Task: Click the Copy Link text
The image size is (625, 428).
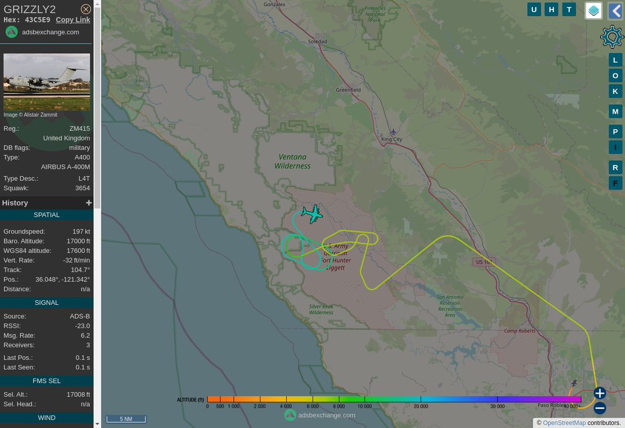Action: (x=73, y=20)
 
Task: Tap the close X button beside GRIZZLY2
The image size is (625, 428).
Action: (x=86, y=9)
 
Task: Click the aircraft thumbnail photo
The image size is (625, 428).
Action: (x=47, y=82)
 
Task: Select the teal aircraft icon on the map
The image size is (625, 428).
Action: (x=311, y=214)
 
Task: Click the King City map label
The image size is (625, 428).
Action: (x=392, y=139)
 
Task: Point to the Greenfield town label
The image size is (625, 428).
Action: (x=348, y=90)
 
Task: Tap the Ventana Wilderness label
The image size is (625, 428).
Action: (x=293, y=161)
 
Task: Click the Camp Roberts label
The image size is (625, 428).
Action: (x=520, y=331)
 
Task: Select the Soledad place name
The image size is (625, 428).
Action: (x=317, y=42)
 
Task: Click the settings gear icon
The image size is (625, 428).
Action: (x=611, y=36)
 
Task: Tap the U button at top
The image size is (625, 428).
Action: (x=534, y=9)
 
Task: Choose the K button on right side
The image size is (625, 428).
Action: (x=615, y=91)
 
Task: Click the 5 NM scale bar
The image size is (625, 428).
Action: (x=126, y=419)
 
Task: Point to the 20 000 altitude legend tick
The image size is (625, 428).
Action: (x=421, y=406)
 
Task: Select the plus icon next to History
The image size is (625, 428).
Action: (x=89, y=203)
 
